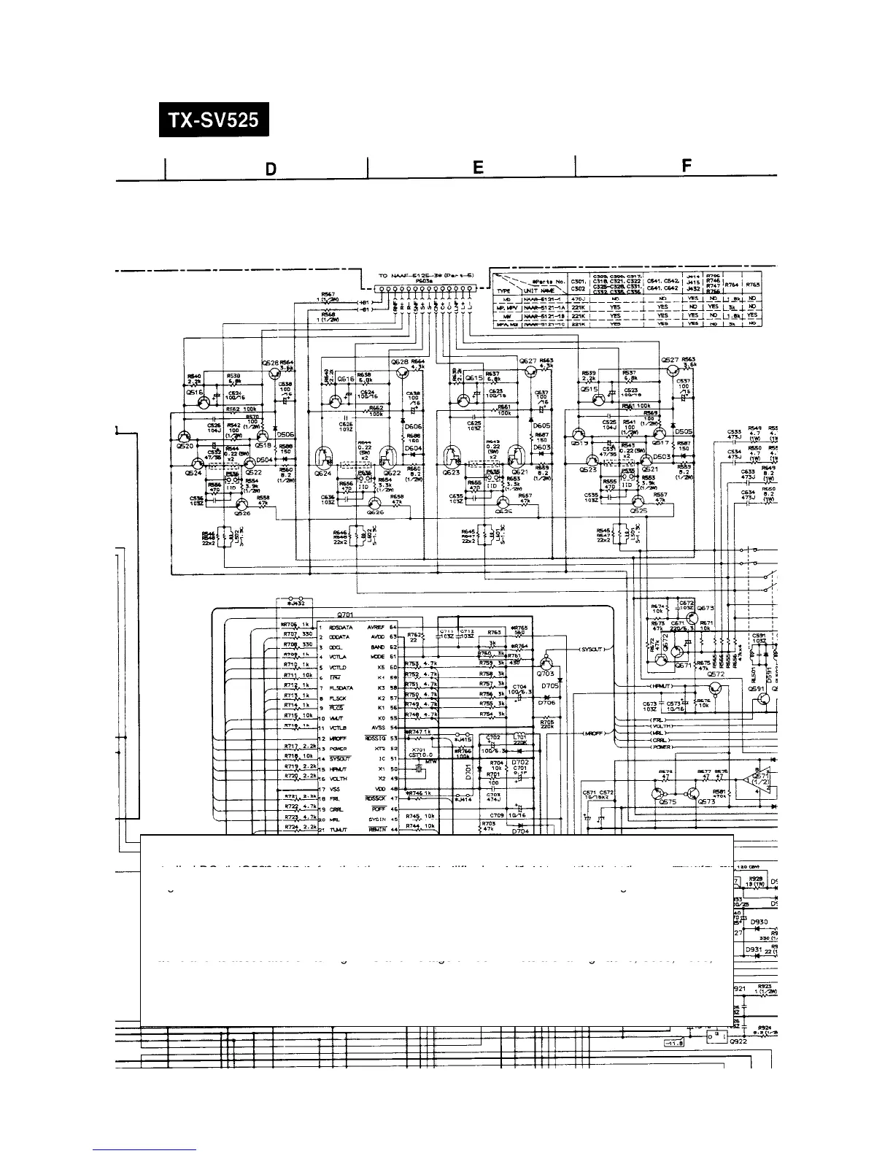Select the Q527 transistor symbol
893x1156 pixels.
point(669,370)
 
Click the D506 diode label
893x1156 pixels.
point(286,433)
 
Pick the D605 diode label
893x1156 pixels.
point(541,425)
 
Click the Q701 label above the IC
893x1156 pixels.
point(344,614)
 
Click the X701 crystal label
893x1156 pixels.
point(419,750)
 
